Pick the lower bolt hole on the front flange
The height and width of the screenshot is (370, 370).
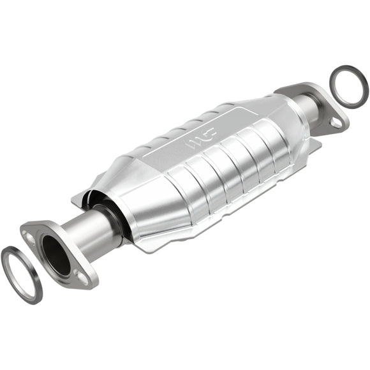tap(82, 277)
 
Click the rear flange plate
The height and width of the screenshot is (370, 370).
tap(319, 105)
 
